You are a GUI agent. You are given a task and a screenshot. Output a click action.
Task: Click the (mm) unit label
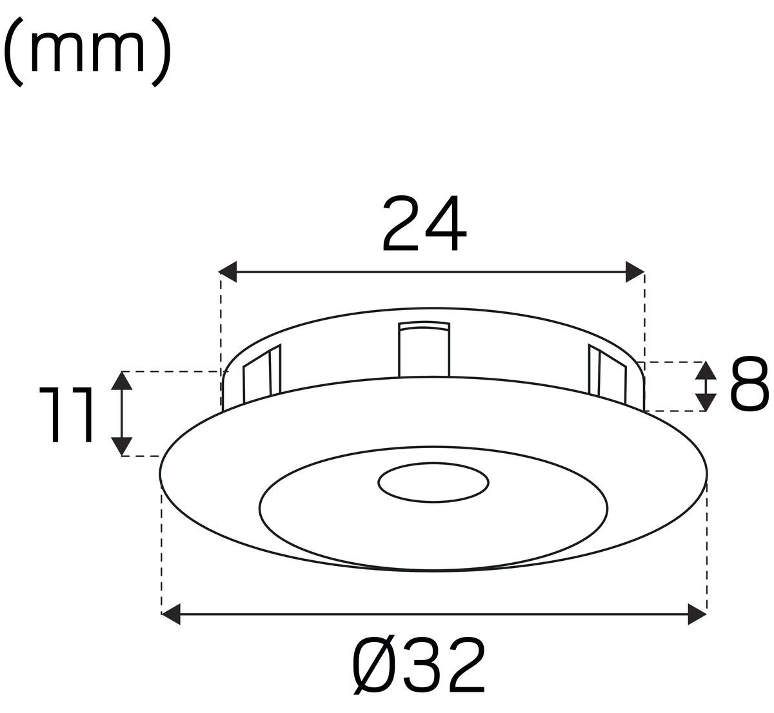pyautogui.click(x=87, y=52)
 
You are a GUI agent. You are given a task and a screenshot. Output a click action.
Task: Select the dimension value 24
pyautogui.click(x=424, y=223)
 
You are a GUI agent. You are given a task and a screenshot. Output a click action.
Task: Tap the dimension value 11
pyautogui.click(x=66, y=415)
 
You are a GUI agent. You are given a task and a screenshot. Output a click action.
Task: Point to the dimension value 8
pyautogui.click(x=749, y=384)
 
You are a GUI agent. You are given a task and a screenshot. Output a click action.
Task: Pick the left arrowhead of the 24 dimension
pyautogui.click(x=228, y=271)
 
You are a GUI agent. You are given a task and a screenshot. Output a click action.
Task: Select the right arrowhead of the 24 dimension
pyautogui.click(x=635, y=271)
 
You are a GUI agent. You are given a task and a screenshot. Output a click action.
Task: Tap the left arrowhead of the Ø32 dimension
pyautogui.click(x=171, y=614)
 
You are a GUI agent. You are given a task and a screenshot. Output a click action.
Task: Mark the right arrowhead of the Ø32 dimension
pyautogui.click(x=697, y=614)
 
